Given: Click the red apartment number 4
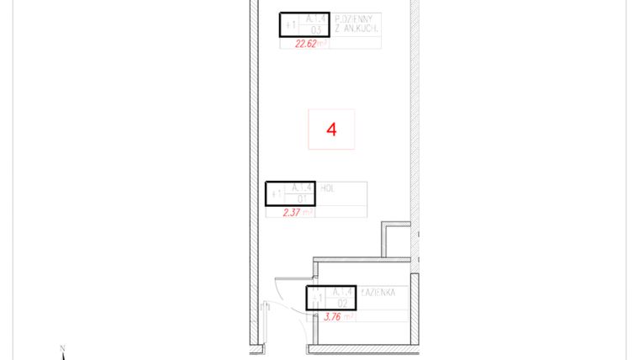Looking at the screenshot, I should coord(331,130).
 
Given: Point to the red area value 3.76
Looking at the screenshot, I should coord(338,317).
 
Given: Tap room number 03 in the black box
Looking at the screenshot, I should coord(315,30).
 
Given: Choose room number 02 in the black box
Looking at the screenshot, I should coord(341,303).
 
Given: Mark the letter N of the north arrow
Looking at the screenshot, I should coord(63,348).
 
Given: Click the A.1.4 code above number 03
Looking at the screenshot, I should coord(315,18).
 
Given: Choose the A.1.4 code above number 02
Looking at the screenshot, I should coord(341,291).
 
